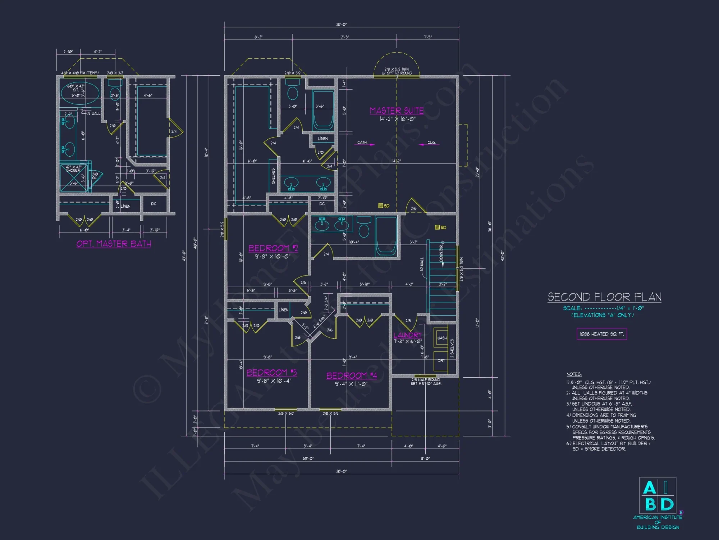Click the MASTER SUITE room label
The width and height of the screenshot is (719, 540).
pyautogui.click(x=397, y=111)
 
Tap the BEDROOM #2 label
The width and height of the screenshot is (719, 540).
pyautogui.click(x=273, y=248)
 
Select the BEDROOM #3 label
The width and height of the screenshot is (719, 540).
pyautogui.click(x=271, y=372)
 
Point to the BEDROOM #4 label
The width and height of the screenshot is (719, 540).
pyautogui.click(x=351, y=375)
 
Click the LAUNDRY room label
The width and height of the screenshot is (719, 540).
pyautogui.click(x=407, y=335)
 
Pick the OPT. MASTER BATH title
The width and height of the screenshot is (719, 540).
pyautogui.click(x=114, y=244)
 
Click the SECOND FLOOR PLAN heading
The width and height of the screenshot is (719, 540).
pyautogui.click(x=604, y=297)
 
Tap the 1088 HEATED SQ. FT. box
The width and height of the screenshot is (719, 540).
pyautogui.click(x=601, y=334)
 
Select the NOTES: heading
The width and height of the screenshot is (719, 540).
pyautogui.click(x=574, y=374)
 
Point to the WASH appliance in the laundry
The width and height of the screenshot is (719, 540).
pyautogui.click(x=441, y=338)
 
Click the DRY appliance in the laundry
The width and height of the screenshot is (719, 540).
pyautogui.click(x=441, y=360)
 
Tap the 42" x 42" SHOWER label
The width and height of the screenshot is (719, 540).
pyautogui.click(x=73, y=168)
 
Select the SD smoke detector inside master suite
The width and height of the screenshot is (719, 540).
pyautogui.click(x=384, y=206)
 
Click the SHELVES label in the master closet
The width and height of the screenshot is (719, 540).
pyautogui.click(x=273, y=176)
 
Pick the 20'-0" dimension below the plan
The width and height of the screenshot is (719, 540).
pyautogui.click(x=308, y=458)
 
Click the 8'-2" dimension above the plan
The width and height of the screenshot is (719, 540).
pyautogui.click(x=258, y=37)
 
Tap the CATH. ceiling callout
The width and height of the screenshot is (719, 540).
pyautogui.click(x=362, y=143)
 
